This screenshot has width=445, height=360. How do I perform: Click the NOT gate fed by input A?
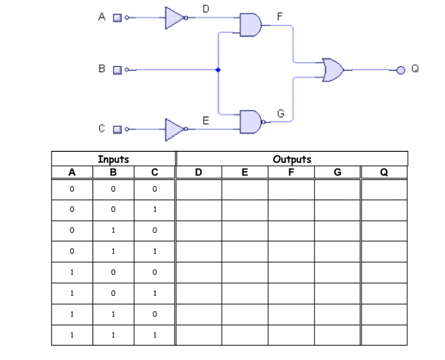click(x=174, y=18)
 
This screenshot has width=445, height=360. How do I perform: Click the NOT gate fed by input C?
click(x=174, y=129)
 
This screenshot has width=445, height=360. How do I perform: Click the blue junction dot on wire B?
click(x=218, y=70)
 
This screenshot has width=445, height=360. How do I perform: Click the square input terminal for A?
click(x=117, y=18)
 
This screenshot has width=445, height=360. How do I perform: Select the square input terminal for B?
click(x=117, y=70)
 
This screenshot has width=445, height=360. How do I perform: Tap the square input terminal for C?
click(x=117, y=129)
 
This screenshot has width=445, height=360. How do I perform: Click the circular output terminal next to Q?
click(x=400, y=70)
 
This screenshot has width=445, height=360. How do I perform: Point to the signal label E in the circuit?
click(x=205, y=120)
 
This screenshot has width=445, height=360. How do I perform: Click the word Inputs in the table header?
click(x=113, y=159)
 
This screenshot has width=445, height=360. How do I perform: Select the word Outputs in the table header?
click(x=292, y=159)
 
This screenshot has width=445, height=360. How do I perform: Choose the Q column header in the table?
click(x=384, y=172)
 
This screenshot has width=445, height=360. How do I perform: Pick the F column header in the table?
click(x=291, y=172)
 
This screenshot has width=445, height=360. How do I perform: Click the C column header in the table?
click(x=155, y=172)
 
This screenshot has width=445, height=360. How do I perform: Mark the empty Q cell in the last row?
click(x=384, y=335)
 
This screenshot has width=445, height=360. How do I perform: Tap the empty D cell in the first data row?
click(x=199, y=190)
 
